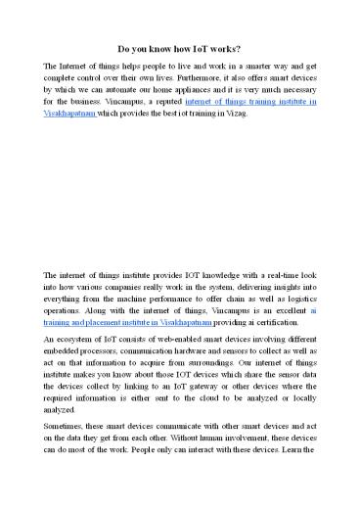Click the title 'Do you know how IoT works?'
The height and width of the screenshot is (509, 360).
coord(180,46)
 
